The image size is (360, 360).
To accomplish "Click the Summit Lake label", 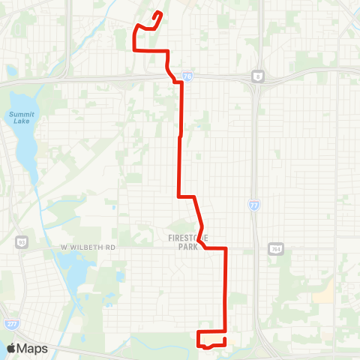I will (x=21, y=118).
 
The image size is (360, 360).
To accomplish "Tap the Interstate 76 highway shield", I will (x=187, y=76).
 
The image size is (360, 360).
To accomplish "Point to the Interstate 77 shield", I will (x=253, y=204).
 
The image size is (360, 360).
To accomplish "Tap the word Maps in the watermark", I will (x=33, y=348).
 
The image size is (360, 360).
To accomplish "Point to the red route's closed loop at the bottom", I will (x=211, y=339).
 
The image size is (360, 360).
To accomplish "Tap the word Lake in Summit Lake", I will (x=21, y=122).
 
